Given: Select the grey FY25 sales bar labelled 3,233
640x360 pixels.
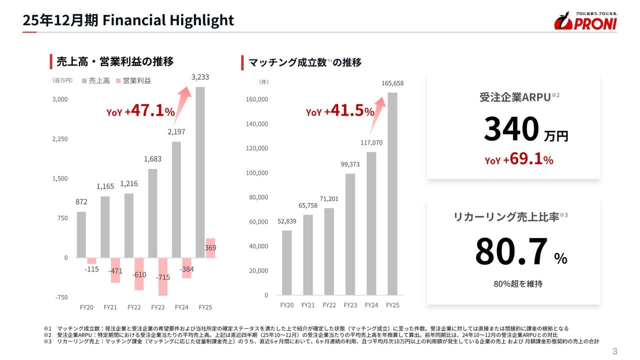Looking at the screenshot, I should [x=200, y=172].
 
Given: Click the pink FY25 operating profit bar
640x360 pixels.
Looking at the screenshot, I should [x=210, y=248].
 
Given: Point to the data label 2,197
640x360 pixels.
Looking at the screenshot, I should [x=176, y=132].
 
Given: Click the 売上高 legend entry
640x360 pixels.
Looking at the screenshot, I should [x=96, y=80].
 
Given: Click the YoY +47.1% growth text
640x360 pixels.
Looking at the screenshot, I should [x=140, y=111].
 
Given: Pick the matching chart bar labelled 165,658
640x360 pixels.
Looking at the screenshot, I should [x=392, y=193].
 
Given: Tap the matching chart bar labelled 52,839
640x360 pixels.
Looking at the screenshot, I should [x=286, y=262].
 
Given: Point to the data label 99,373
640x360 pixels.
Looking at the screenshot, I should [x=350, y=164].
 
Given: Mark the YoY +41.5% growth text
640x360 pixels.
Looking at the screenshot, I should [x=340, y=111].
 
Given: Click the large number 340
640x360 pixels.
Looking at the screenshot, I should [x=511, y=129].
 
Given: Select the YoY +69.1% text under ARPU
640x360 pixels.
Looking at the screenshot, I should [x=518, y=160].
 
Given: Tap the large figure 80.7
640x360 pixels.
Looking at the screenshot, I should [x=511, y=252].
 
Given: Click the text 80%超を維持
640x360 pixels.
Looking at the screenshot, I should [x=518, y=284].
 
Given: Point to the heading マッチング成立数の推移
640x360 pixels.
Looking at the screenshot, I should [x=305, y=62].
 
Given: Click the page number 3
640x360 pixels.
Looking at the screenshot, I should [x=615, y=351].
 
